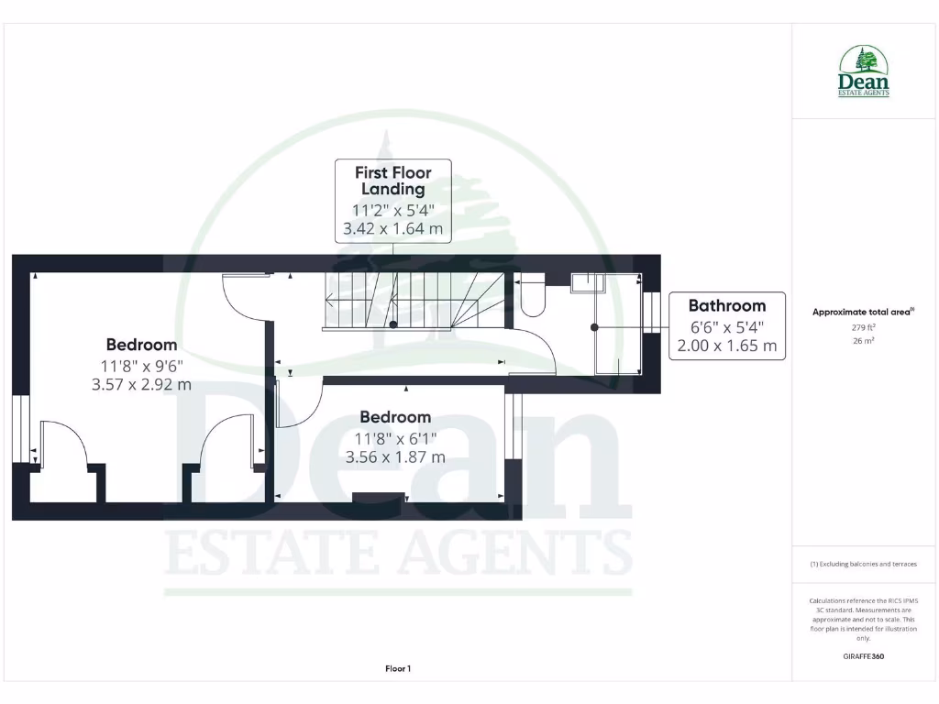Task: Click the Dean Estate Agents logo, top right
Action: coord(863,71)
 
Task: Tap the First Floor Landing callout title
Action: coord(393,181)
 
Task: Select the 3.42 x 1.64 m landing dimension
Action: coord(392,229)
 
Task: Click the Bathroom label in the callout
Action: coord(726,305)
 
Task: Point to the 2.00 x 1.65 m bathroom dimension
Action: coord(726,346)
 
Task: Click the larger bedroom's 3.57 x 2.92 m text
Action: coord(141,385)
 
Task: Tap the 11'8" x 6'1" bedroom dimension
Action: coord(395,437)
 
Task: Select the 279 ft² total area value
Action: coord(863,327)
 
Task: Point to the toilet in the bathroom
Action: coord(533,294)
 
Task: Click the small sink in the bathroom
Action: coord(585,282)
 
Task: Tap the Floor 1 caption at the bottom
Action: coord(398,669)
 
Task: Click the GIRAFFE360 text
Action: coord(863,656)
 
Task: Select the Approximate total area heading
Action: coord(863,312)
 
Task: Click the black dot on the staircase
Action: coord(393,324)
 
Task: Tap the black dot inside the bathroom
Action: coord(594,327)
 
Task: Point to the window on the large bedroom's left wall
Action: coord(20,429)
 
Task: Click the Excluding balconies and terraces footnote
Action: coord(863,564)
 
